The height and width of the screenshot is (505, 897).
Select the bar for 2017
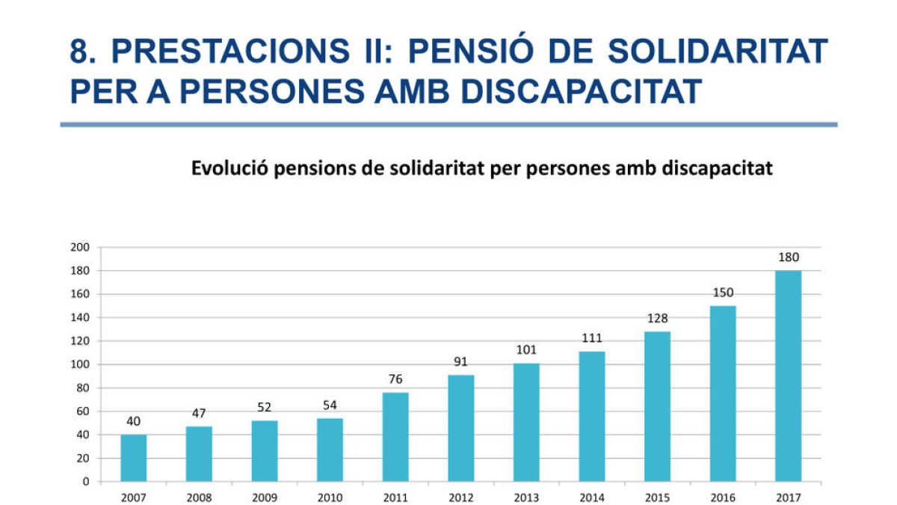(788, 376)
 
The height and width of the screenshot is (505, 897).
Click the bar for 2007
(133, 457)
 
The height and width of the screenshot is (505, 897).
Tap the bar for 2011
(395, 436)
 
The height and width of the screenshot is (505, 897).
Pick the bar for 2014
(591, 416)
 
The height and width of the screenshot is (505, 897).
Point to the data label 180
(788, 257)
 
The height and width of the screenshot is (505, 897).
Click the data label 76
(395, 379)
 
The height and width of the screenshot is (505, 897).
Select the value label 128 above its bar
(657, 319)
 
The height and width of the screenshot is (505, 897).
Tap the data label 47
(198, 413)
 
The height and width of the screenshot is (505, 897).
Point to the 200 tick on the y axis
(80, 248)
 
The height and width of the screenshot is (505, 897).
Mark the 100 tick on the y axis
(80, 364)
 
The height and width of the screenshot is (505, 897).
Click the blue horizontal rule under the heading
(449, 124)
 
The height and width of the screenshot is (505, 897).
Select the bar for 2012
(460, 428)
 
